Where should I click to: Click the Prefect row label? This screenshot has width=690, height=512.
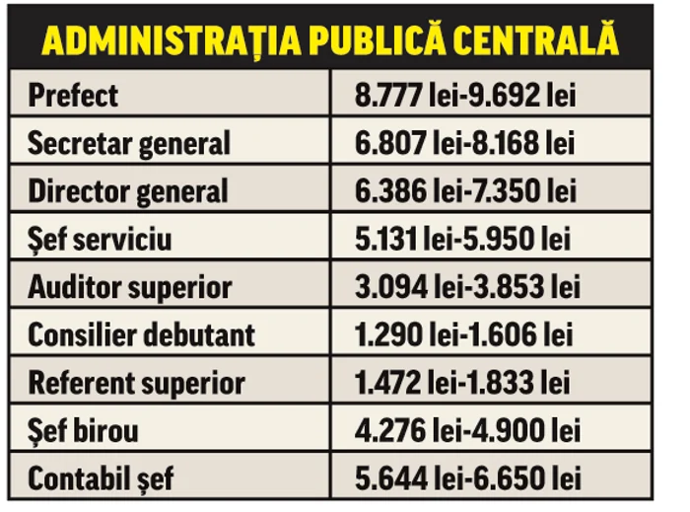pyautogui.click(x=73, y=96)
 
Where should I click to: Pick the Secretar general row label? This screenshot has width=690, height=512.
pyautogui.click(x=128, y=144)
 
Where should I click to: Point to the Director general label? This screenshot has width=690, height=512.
pyautogui.click(x=127, y=191)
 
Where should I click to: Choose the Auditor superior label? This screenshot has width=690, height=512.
pyautogui.click(x=129, y=287)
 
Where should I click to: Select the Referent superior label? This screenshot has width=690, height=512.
pyautogui.click(x=136, y=383)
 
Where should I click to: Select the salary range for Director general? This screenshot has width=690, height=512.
pyautogui.click(x=465, y=191)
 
